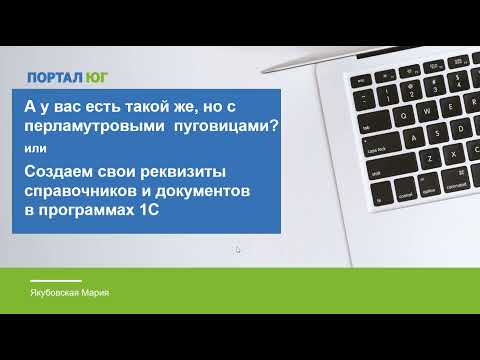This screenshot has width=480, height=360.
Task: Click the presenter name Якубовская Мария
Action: [69, 291]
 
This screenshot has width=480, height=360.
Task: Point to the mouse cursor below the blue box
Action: [238, 250]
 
